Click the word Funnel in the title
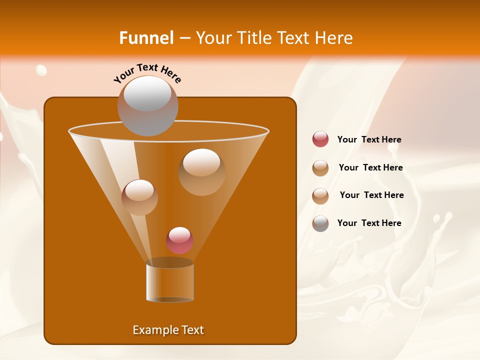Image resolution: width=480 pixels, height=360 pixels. pos(146,38)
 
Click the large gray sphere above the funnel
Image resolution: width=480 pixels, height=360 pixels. pos(147,106)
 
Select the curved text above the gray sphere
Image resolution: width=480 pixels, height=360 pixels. pos(147,73)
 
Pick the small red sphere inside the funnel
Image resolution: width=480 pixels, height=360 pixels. pos(179,240)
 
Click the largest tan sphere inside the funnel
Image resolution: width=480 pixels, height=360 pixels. pos(201,172)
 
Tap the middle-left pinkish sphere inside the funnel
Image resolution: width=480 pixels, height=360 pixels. pos(139,197)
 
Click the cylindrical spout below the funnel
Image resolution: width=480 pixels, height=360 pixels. pos(170,282)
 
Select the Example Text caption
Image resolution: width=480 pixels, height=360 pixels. pos(168,330)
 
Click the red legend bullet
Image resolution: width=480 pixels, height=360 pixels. pos(320,139)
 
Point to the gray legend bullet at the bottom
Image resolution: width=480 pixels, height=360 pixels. pos(320,223)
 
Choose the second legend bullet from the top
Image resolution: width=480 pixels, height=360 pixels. pos(320,168)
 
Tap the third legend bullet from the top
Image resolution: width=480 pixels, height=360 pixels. pos(320,195)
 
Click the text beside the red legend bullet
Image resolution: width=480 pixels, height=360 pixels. pos(369,140)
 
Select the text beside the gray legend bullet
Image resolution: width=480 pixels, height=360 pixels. pos(369,223)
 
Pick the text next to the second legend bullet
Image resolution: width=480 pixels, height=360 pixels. pos(370,168)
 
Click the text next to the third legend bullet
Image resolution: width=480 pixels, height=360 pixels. pos(371,195)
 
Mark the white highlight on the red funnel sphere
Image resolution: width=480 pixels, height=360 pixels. pos(179,234)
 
